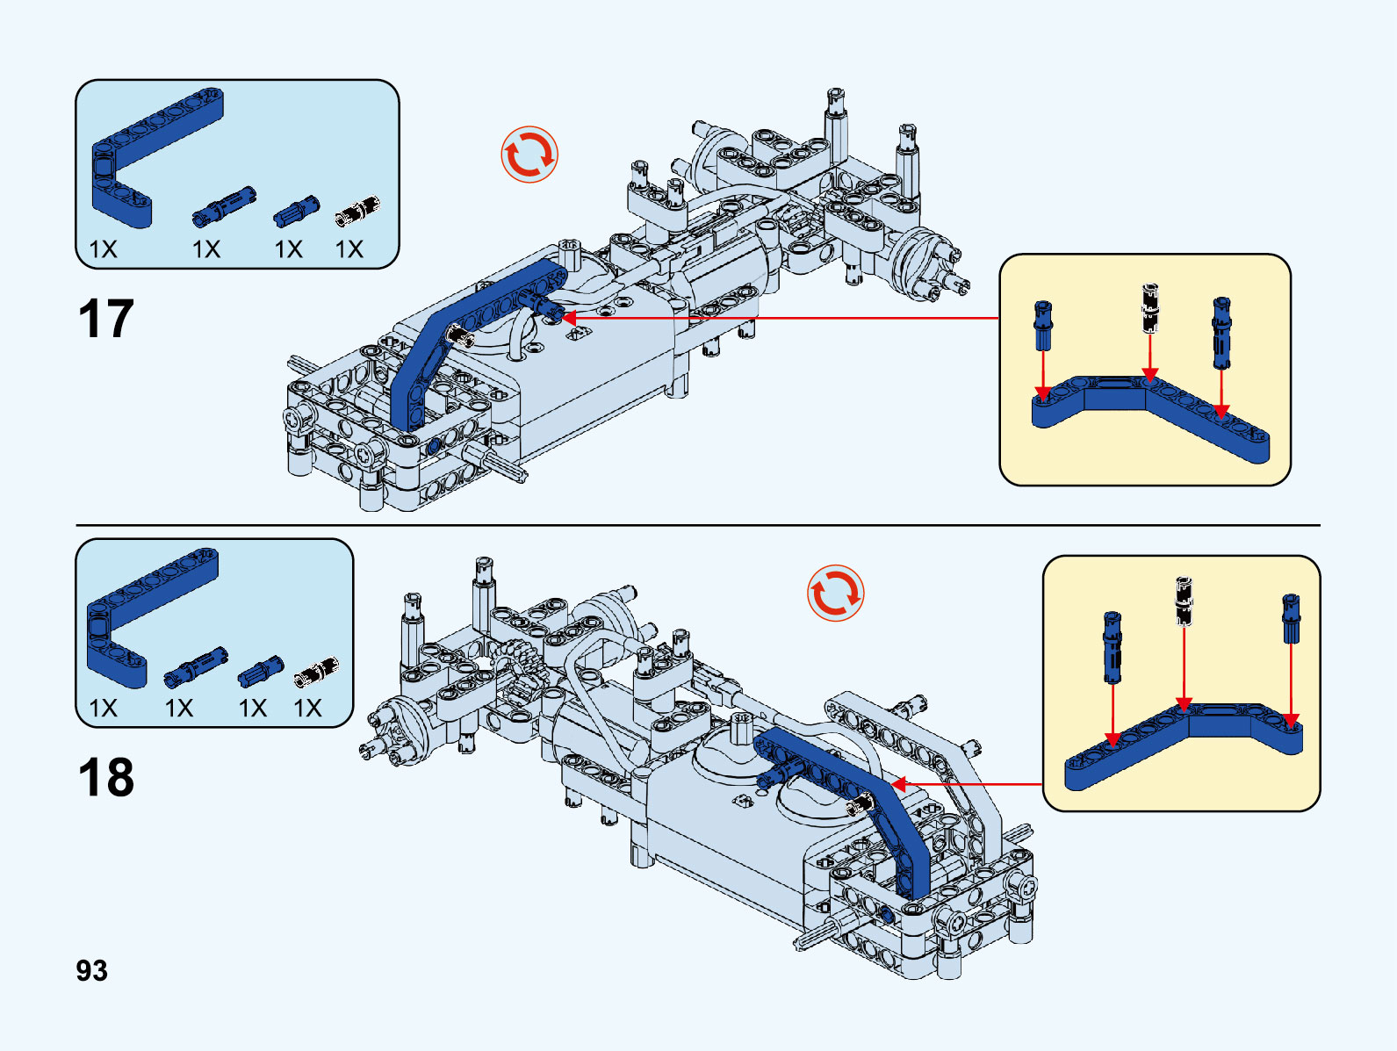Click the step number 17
(105, 318)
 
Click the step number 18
(105, 777)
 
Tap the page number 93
(91, 970)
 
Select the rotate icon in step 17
(529, 155)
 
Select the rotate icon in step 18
(835, 593)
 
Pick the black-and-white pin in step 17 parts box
(356, 211)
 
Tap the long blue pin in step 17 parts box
(223, 206)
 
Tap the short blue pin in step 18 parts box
(260, 672)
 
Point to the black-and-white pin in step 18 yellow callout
(1184, 601)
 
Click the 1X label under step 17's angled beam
(103, 249)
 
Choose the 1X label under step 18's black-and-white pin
(307, 709)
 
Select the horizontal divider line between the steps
(698, 525)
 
